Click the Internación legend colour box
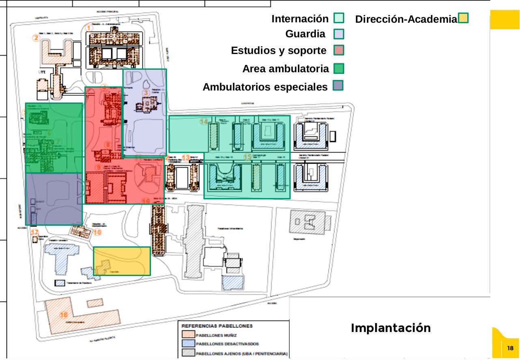coord(339,18)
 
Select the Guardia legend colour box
coord(339,34)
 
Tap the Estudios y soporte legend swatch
coord(339,50)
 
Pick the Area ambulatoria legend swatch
coord(339,69)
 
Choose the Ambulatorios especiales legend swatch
coord(338,85)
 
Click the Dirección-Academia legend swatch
coord(463,18)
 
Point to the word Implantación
coord(391,328)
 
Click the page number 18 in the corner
coord(510,348)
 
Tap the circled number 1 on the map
coord(90,28)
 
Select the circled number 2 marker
coord(37,38)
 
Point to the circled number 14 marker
coord(204,121)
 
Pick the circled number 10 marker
coord(97,233)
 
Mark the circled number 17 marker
coord(35,233)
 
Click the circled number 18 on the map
coord(64,315)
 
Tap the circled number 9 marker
coord(98,167)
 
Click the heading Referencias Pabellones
coord(217,326)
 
